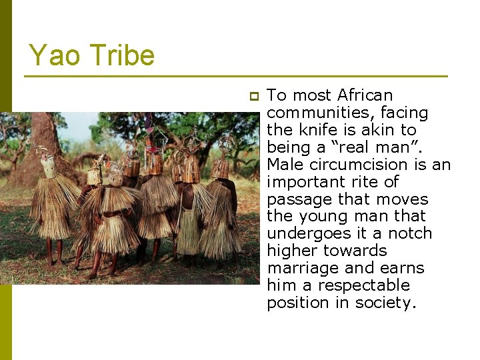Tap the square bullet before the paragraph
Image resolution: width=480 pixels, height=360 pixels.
pyautogui.click(x=253, y=97)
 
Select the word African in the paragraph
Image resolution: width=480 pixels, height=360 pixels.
pyautogui.click(x=365, y=95)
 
